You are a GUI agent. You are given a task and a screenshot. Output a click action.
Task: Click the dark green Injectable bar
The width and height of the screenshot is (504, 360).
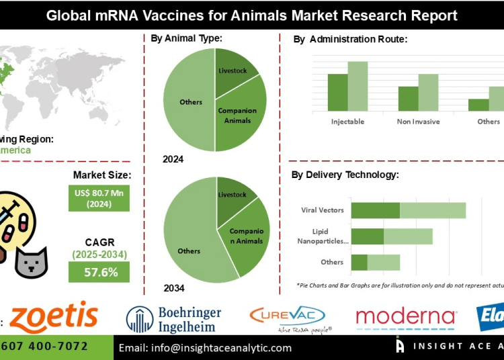[337, 92]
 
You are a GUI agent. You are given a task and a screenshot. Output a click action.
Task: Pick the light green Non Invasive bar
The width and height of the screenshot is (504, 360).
[428, 92]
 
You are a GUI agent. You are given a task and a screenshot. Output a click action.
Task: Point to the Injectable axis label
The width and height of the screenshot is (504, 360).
[347, 122]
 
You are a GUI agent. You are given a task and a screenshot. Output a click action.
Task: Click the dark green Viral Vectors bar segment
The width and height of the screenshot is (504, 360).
[375, 210]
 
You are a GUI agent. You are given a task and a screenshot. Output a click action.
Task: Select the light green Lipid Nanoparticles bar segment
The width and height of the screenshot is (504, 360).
[408, 236]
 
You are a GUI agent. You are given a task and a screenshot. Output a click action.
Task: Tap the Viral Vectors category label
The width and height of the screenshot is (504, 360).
[323, 210]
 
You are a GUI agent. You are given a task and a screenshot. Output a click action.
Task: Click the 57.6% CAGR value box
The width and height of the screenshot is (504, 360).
[99, 272]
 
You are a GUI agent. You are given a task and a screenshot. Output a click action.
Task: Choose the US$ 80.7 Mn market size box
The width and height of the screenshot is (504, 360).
[99, 198]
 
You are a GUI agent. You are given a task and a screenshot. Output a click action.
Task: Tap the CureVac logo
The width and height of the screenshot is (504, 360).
[287, 316]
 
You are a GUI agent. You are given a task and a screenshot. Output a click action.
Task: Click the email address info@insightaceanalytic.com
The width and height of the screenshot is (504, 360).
[205, 348]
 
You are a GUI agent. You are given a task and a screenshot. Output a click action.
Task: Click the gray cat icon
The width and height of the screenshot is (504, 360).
[32, 259]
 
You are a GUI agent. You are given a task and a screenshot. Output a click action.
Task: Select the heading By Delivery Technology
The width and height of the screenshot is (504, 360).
[345, 175]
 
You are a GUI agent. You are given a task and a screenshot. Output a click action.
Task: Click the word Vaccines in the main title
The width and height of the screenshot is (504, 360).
[194, 14]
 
